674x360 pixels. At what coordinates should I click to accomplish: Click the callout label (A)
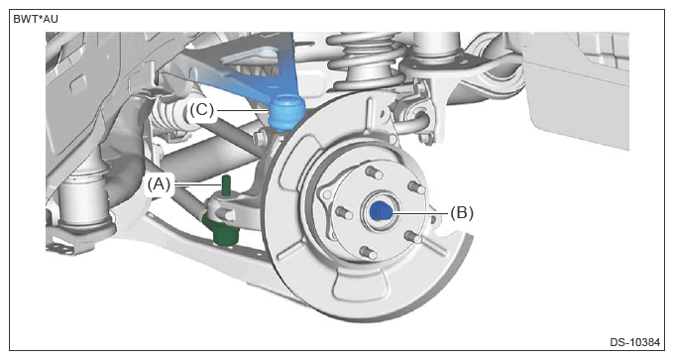tap(159, 184)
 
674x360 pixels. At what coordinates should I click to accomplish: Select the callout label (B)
tap(462, 212)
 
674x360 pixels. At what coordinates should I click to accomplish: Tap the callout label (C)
tap(201, 110)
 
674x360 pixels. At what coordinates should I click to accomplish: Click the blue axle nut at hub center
tap(381, 211)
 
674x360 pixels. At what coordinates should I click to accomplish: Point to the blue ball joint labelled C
tap(286, 113)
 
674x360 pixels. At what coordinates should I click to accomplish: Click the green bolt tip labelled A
tap(227, 184)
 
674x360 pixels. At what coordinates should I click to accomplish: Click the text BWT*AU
tap(36, 20)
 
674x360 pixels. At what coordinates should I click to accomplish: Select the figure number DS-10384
tap(634, 342)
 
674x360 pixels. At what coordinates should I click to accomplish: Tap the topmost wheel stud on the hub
tap(374, 173)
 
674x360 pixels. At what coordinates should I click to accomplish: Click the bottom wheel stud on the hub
tap(369, 253)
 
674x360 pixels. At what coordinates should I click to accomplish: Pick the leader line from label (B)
tap(419, 212)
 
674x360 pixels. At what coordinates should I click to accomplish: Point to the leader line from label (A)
tap(197, 185)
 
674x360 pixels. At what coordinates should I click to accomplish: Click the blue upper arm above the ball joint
tap(258, 68)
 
